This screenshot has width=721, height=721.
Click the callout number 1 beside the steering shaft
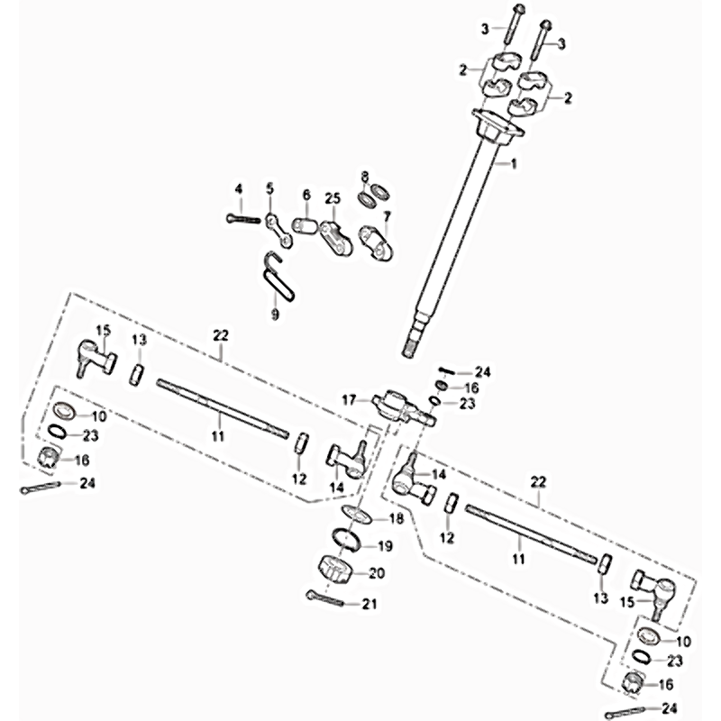pos(514,164)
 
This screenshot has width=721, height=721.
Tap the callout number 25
pos(333,198)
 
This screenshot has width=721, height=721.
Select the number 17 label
pos(349,400)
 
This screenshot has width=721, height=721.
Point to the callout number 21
pos(370,604)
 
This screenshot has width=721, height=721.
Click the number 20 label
pos(377,573)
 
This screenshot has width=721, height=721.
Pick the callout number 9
pos(275,315)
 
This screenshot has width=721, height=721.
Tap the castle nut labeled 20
pos(335,570)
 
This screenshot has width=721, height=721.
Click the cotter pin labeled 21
pos(325,598)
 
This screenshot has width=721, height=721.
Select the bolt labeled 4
pos(243,219)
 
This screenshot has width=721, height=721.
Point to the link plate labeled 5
pos(278,230)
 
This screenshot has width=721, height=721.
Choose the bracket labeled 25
pos(336,237)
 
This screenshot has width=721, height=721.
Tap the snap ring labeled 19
pos(347,539)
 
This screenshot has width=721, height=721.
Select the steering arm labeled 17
pos(402,406)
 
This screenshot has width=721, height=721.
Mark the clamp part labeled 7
pos(376,242)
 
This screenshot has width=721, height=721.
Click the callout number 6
pos(306,195)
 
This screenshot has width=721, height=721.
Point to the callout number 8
pos(365,176)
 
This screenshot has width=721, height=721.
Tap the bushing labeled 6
pos(305,227)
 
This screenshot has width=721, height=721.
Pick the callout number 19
pos(385,546)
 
